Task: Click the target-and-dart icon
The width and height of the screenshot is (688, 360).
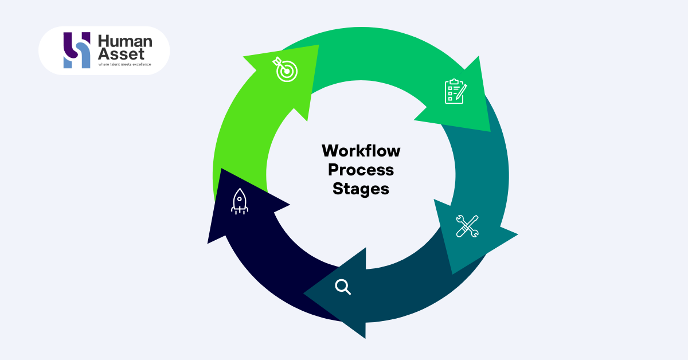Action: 285,69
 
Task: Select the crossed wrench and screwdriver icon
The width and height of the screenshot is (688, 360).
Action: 467,226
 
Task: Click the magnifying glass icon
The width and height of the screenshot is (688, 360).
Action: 342,286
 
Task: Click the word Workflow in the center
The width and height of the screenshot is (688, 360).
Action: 361,151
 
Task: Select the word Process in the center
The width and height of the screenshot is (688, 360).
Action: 361,170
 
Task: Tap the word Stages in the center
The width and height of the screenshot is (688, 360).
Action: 361,189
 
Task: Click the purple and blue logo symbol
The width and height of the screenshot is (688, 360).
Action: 76,50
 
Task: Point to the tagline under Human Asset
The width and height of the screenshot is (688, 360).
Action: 124,64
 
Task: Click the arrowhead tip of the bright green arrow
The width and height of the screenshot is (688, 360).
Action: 490,131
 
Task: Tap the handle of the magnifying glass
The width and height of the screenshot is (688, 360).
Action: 347,291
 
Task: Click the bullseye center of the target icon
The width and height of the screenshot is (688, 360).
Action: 286,71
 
